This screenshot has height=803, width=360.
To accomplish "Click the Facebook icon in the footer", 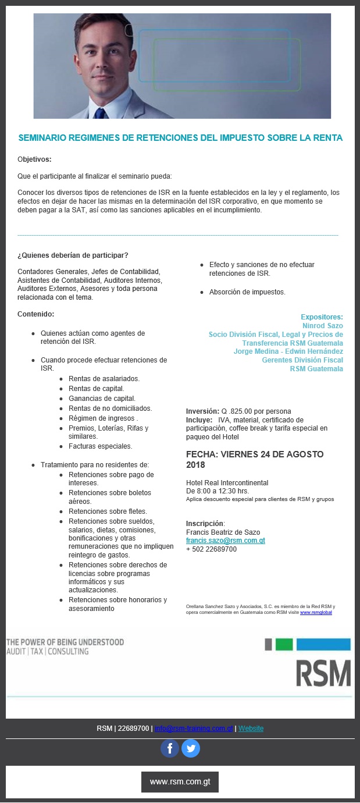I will point(170,748).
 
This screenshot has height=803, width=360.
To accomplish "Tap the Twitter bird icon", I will point(191,748).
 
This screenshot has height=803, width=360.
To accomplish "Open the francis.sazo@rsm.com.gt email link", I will point(225,541).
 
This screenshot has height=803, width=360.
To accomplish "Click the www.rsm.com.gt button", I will point(180,781).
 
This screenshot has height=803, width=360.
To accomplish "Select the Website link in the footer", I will point(251,729).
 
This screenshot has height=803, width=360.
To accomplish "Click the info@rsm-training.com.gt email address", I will point(194,729).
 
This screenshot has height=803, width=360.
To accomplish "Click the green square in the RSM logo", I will point(284,644).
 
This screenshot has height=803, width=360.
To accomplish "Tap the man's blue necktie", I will point(101,112).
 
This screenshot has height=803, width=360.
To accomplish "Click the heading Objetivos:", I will point(34,159).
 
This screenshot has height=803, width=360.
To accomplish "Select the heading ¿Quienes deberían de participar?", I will point(73,255).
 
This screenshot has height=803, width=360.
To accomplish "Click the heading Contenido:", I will point(35,314).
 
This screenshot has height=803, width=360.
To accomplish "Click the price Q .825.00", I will point(239,411).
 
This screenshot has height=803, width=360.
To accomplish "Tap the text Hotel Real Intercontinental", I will point(227,482).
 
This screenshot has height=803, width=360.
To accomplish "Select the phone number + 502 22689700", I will point(211,549).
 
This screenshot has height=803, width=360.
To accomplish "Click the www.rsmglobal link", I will point(316,612).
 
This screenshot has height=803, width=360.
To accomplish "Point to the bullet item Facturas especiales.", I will point(100,446).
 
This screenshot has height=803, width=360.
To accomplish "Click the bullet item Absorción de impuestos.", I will point(247,292).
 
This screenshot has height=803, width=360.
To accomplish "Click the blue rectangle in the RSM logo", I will point(323,644).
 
